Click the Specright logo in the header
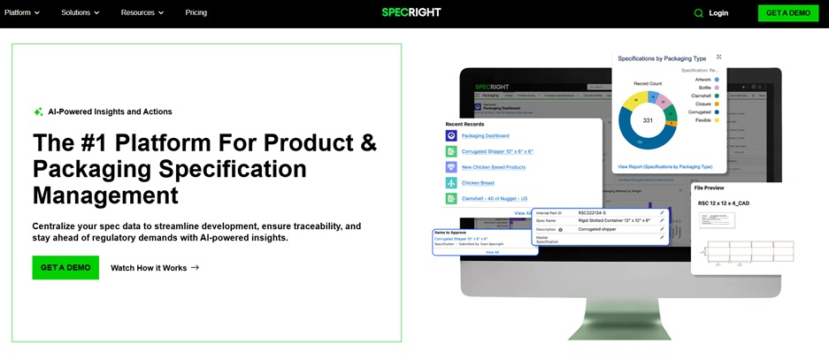[x=411, y=12]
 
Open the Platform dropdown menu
[x=22, y=12]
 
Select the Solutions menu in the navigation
[x=81, y=12]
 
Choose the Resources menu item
[x=142, y=12]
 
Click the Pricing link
[x=196, y=12]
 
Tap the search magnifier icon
[x=698, y=13]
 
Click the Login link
[x=718, y=13]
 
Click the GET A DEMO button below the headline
[x=65, y=268]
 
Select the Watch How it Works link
[x=155, y=268]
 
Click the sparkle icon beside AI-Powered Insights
[x=38, y=112]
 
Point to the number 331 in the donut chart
[x=648, y=120]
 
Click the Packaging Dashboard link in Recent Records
[x=485, y=136]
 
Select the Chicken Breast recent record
[x=478, y=183]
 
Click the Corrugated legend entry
[x=698, y=111]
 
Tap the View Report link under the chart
[x=664, y=166]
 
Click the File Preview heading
[x=710, y=188]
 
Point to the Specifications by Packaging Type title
[x=662, y=58]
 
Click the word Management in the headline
[x=105, y=195]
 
